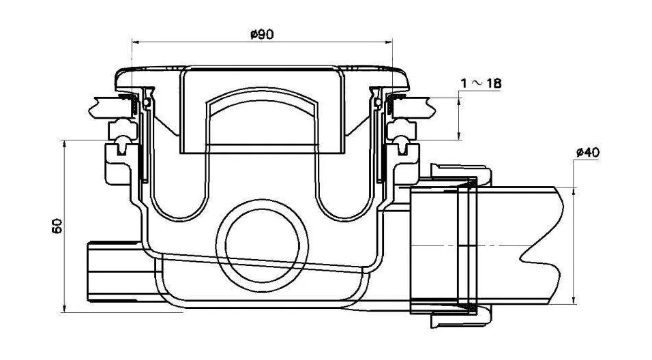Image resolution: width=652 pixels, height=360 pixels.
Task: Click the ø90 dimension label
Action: coord(262,34)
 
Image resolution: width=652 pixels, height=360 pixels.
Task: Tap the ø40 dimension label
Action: coord(588,153)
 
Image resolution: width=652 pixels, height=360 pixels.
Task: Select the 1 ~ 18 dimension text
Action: coord(481,84)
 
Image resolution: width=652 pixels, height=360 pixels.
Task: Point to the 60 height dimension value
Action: coord(57,226)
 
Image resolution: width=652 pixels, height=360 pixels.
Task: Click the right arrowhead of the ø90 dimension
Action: coord(389,42)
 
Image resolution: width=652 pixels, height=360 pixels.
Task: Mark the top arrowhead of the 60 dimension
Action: coord(64,144)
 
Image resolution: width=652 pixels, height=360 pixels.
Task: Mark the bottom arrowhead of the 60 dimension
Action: coord(64,308)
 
